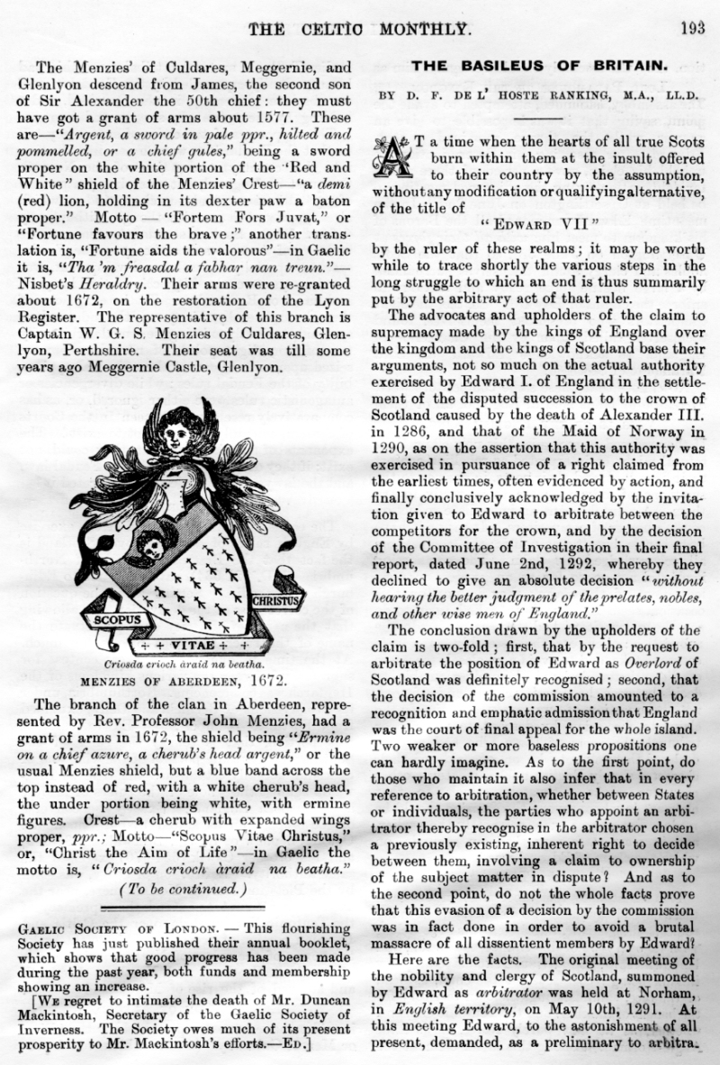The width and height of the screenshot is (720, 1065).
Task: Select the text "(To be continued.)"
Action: pyautogui.click(x=183, y=890)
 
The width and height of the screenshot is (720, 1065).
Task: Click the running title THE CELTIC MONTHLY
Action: pyautogui.click(x=359, y=28)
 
